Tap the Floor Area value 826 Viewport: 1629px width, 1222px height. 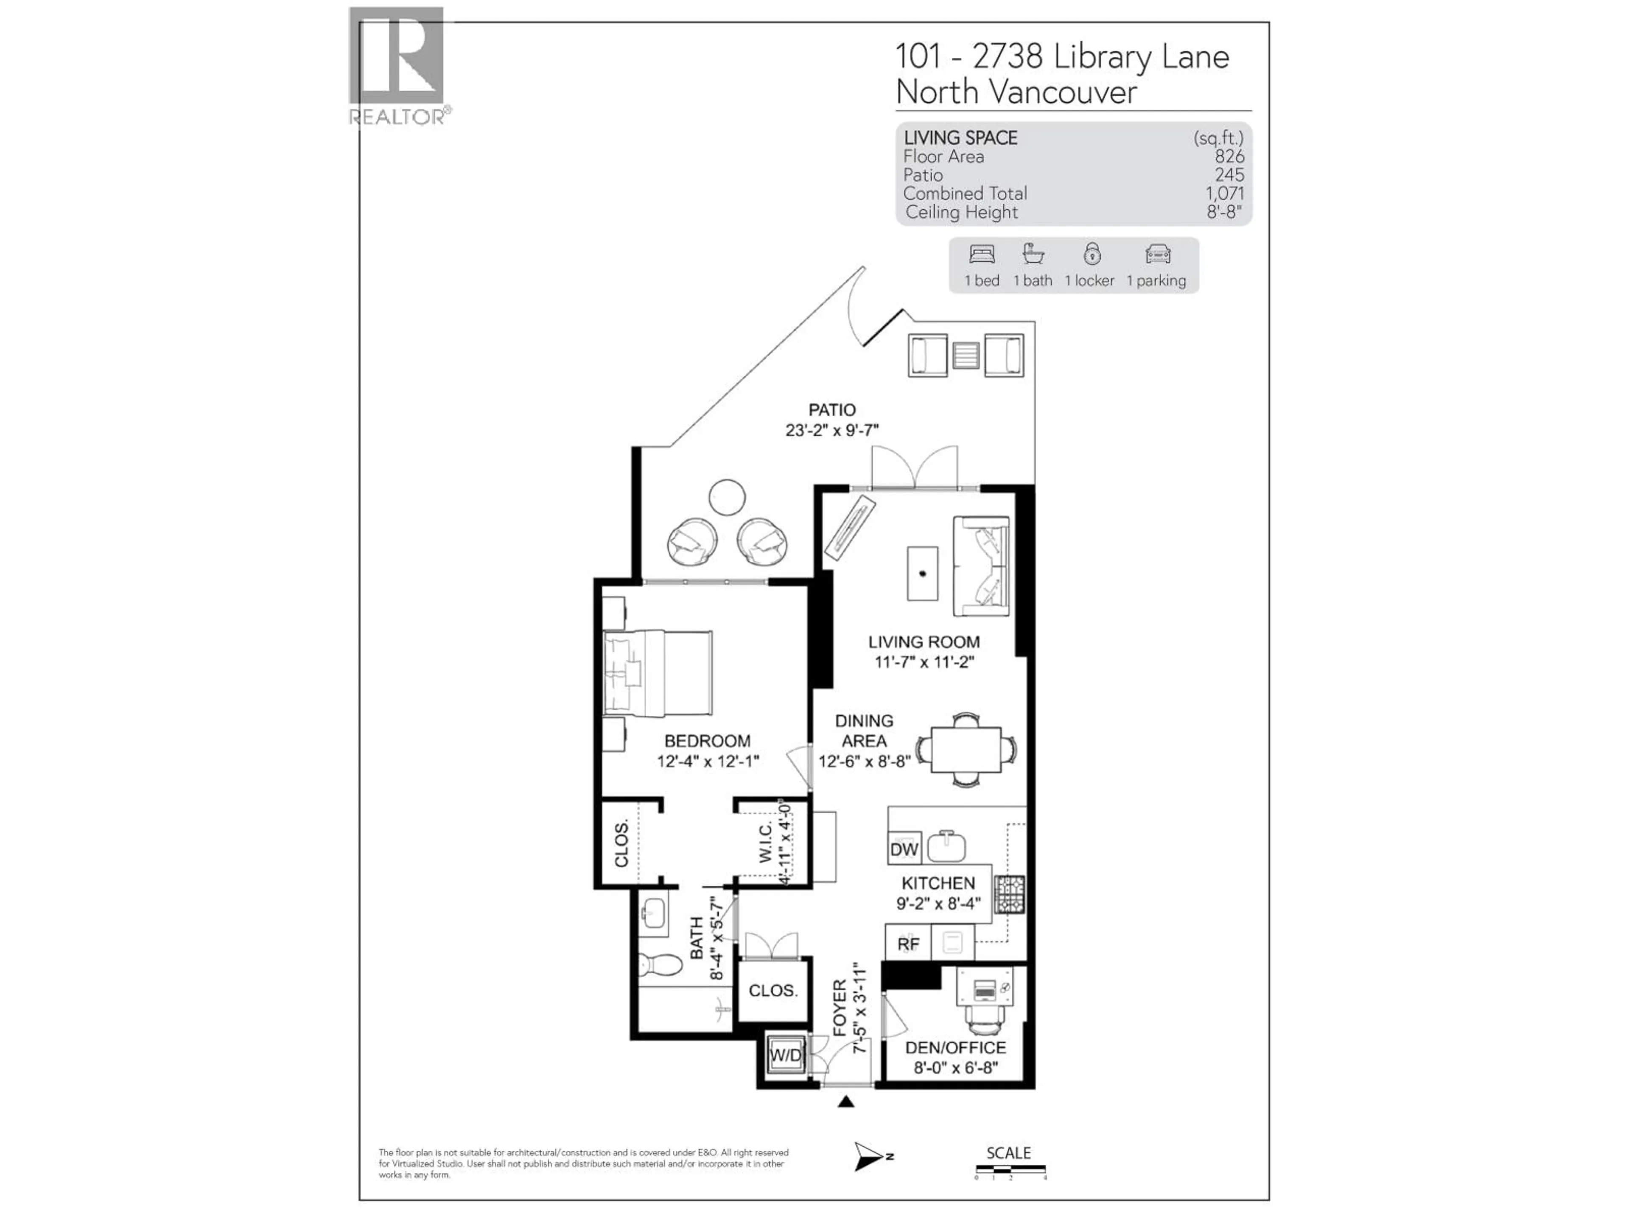1229,156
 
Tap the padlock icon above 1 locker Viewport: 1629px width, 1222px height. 1092,254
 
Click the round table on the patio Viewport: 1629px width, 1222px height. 727,497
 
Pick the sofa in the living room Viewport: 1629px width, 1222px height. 981,566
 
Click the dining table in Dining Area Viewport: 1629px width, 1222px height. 966,750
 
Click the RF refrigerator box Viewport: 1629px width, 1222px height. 908,944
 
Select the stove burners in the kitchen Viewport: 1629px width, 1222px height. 1009,894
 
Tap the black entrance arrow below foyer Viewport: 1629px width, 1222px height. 846,1102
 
